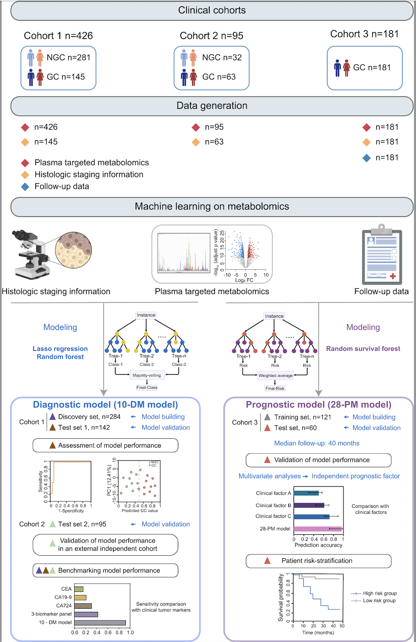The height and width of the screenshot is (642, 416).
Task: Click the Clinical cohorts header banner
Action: click(212, 11)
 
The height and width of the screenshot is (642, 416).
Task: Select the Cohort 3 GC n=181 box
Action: click(364, 68)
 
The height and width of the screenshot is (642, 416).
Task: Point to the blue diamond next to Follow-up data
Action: click(25, 187)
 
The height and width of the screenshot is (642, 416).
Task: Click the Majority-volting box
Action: click(147, 375)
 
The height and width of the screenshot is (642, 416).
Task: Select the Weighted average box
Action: click(276, 376)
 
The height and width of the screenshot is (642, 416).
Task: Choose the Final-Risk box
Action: click(275, 388)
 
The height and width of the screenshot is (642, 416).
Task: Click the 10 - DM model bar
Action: click(100, 622)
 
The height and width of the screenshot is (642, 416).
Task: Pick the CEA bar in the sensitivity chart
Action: click(79, 589)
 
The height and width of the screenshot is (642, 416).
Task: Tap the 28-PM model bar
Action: click(317, 529)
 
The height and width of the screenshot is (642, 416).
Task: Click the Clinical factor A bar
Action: click(306, 493)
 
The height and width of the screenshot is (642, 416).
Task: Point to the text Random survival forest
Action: click(363, 349)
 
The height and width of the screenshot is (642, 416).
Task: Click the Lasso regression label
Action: click(60, 349)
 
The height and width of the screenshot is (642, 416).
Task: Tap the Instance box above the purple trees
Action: click(274, 316)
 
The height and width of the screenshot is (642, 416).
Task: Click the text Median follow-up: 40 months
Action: click(317, 443)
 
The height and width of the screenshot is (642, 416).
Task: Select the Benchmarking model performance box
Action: click(105, 570)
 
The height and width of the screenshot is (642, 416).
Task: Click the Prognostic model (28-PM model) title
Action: click(318, 405)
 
